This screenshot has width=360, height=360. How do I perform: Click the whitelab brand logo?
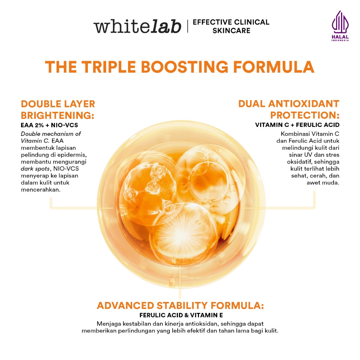coord(137,27)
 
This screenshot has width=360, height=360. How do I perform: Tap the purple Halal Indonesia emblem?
coord(340,26)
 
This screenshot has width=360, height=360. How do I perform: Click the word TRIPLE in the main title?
coord(113,67)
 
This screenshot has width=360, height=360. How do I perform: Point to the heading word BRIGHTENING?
coord(58,116)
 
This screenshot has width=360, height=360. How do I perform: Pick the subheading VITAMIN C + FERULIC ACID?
coord(297,125)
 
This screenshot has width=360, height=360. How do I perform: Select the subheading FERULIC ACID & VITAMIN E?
coord(181,315)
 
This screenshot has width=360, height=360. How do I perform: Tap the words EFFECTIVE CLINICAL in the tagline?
coord(231,22)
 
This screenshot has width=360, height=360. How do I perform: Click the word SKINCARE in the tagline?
coord(231,31)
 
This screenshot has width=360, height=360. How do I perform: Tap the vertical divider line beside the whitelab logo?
coord(187,27)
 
